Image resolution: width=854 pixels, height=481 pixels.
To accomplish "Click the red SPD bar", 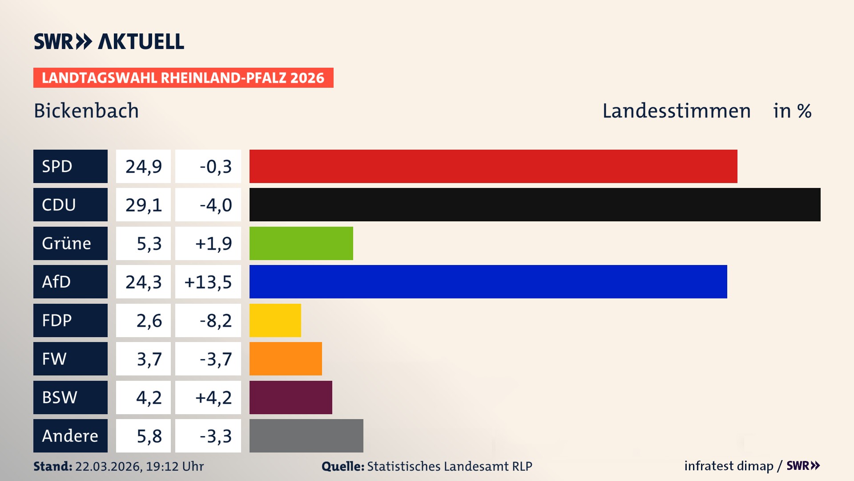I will coord(493,166).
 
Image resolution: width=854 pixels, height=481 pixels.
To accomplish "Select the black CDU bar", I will coord(535,204).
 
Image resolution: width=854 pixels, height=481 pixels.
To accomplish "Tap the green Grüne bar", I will coord(301,243).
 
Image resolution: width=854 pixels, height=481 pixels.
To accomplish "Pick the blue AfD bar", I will coord(488,281).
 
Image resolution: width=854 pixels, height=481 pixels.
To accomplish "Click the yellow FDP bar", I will coord(275,320).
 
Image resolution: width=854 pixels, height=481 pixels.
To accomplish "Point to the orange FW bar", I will coord(286,359).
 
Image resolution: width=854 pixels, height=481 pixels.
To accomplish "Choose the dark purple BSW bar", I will coord(290,397).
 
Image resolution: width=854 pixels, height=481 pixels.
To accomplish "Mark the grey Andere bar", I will coord(306,436).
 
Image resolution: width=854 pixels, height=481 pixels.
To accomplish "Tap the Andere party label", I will coord(70,436).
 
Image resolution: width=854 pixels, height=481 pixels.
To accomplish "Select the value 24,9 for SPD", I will coord(143,166).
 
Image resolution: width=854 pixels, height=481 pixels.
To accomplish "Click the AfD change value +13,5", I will coord(208,281).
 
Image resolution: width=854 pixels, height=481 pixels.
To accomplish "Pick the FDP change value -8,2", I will coord(215,320).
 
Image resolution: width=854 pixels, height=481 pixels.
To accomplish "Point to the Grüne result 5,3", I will coord(149,243).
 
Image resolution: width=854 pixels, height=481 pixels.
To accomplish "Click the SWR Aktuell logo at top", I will coord(109,41).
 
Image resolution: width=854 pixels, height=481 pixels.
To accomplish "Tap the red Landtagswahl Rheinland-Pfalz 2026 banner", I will coord(183,77).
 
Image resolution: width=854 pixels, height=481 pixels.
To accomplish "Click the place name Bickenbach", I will coord(86,110).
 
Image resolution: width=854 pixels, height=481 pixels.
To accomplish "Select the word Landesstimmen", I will coord(676,110).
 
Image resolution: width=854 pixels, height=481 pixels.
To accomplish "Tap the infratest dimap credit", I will coord(728,466).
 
